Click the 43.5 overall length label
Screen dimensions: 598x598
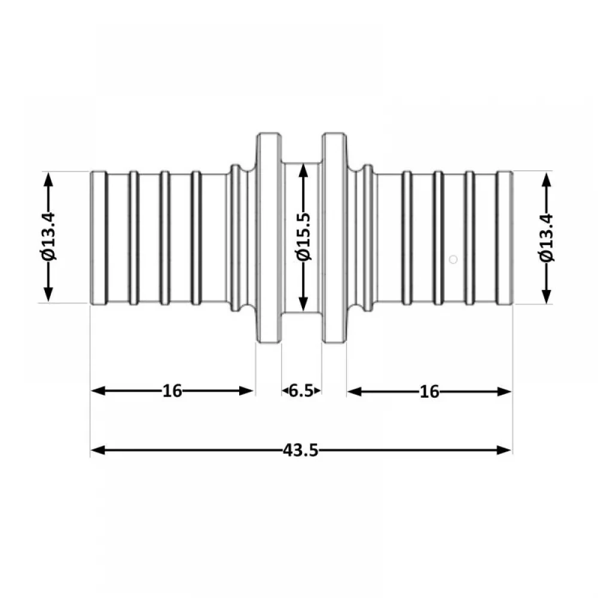coord(301,450)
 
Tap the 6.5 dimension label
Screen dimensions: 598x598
coord(301,391)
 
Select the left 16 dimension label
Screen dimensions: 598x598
coord(172,391)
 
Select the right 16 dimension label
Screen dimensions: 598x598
coord(429,392)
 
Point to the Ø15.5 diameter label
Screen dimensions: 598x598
coord(304,237)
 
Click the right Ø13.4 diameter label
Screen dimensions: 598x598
coord(547,237)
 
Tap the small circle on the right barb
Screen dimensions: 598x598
coord(453,260)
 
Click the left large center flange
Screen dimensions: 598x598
coord(269,238)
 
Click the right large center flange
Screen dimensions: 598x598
coord(334,238)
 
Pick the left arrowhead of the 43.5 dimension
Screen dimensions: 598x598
coord(98,450)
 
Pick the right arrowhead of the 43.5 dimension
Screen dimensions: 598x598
coord(504,450)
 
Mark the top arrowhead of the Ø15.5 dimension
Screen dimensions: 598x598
coord(303,170)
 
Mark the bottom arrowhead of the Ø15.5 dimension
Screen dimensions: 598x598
coord(303,304)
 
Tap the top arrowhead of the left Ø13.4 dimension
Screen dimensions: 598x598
coord(48,179)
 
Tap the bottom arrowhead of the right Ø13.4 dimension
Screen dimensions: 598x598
coord(547,296)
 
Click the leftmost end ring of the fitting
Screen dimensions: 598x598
coord(99,238)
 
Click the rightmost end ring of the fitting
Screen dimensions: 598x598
coord(505,238)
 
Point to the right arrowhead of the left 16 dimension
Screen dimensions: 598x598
coord(246,391)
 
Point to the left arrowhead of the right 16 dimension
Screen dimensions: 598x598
coord(355,392)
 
